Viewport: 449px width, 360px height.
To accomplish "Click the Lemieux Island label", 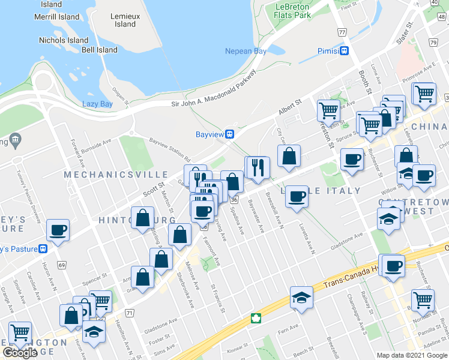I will tap(125, 20).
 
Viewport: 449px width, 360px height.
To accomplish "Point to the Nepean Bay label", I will tap(246, 52).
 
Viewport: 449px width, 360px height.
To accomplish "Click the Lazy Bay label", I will tap(97, 104).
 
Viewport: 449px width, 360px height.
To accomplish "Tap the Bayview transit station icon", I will tap(229, 134).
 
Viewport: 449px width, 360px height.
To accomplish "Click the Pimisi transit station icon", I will tap(345, 51).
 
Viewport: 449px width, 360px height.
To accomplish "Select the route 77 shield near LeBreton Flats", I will tap(342, 32).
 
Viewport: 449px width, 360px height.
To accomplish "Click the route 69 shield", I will tap(61, 264).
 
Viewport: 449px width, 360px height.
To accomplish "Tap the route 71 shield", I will tap(130, 313).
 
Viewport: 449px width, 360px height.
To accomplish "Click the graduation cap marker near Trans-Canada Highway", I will tap(301, 298).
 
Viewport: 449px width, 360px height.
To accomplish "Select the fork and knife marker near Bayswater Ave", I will tap(258, 167).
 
